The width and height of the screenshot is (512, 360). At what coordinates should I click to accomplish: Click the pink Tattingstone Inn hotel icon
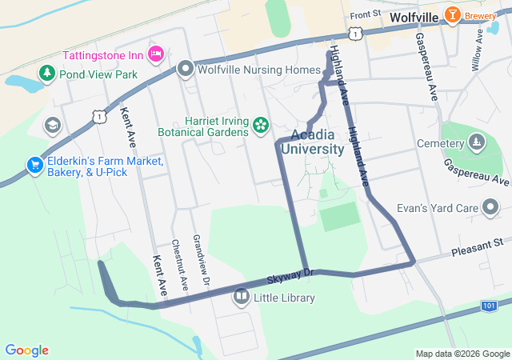tap(157, 54)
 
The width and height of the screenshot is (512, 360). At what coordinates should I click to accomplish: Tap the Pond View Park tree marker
tap(47, 74)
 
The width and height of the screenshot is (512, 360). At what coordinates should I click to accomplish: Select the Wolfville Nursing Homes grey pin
tap(186, 70)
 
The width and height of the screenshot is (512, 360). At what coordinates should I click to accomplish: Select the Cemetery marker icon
tap(477, 143)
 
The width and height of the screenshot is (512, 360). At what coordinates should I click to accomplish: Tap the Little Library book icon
tap(241, 298)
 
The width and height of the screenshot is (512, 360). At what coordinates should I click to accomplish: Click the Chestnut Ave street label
tap(180, 265)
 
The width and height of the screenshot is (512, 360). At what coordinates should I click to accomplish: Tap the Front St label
tap(365, 15)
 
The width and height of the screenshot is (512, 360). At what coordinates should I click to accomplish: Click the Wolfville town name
tap(414, 17)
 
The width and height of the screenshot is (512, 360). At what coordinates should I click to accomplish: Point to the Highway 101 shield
tap(490, 306)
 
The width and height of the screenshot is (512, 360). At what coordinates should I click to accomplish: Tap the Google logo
tap(26, 350)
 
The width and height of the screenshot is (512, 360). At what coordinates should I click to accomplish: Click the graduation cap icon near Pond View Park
tap(53, 125)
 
